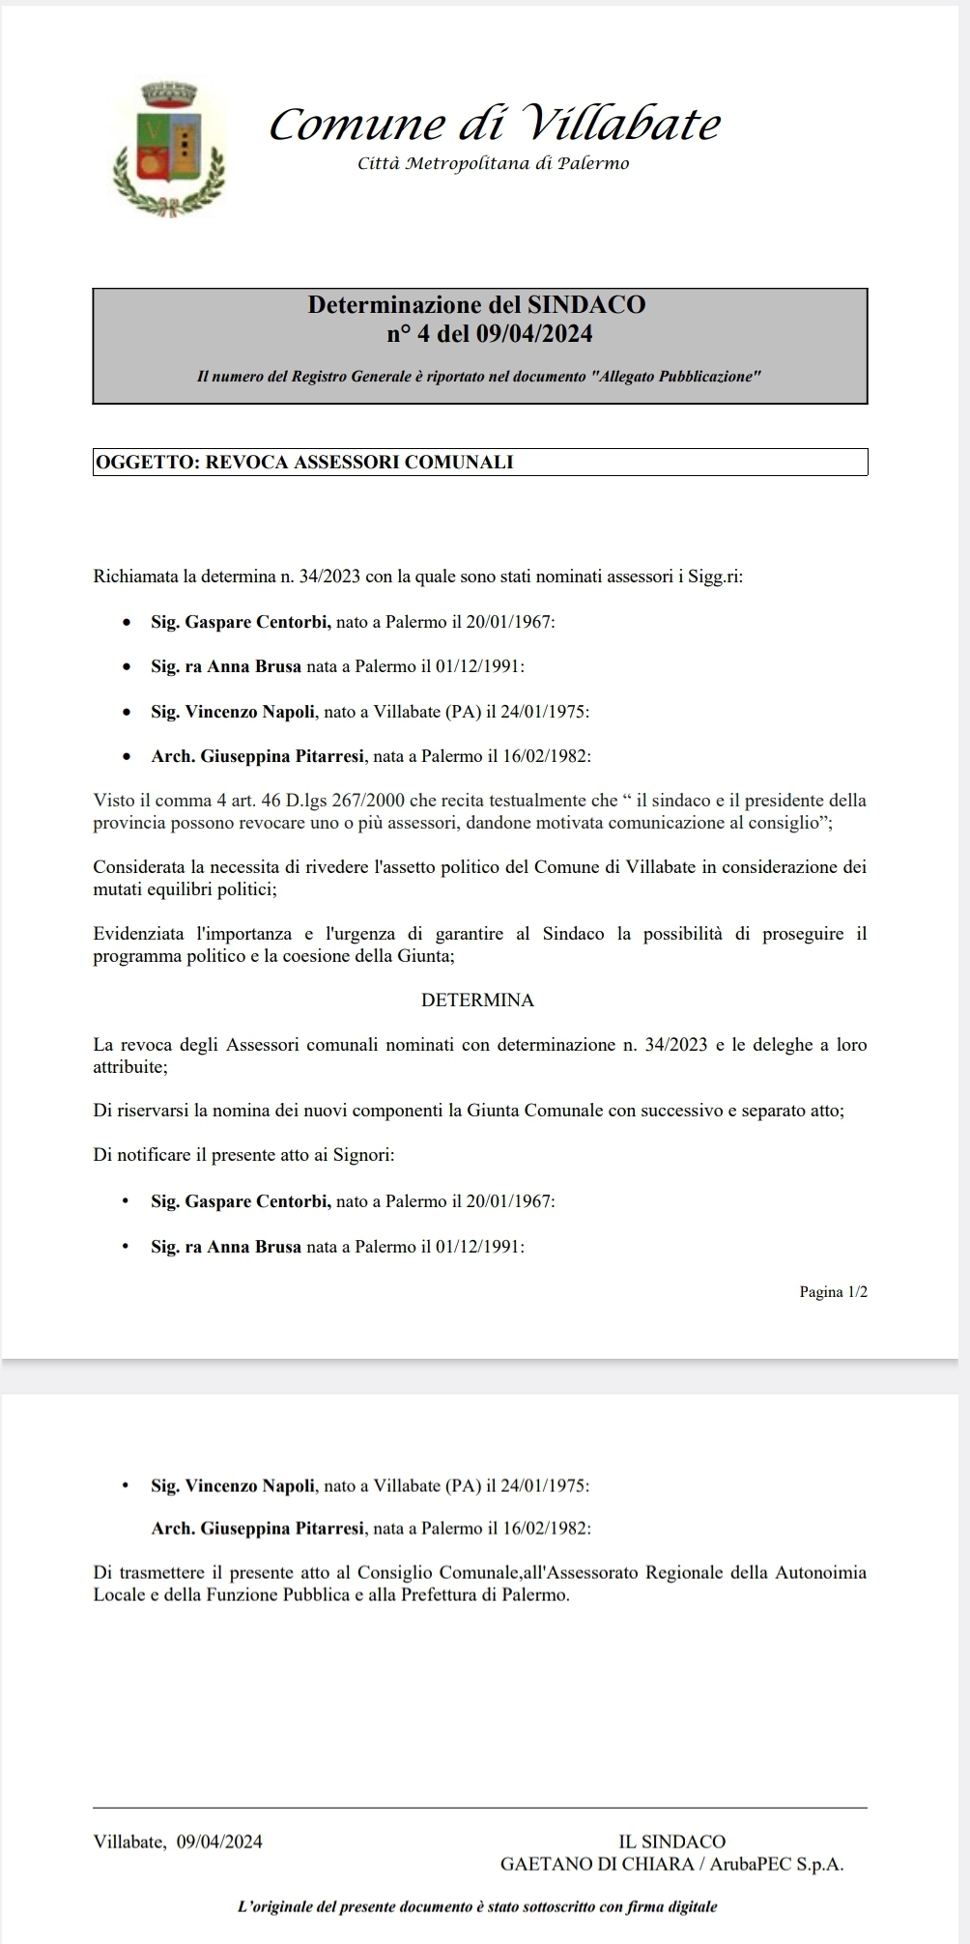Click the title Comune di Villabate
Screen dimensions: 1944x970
click(495, 125)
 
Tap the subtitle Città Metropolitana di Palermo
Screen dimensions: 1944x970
click(493, 163)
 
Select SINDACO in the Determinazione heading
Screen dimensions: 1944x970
click(586, 305)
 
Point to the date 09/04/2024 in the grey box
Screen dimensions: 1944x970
click(540, 334)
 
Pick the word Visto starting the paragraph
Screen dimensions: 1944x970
click(113, 801)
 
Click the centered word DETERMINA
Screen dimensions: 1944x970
click(477, 1000)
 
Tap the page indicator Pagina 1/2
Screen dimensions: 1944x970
click(833, 1292)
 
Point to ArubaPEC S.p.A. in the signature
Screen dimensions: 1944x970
click(777, 1865)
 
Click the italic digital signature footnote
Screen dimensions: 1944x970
click(477, 1907)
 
